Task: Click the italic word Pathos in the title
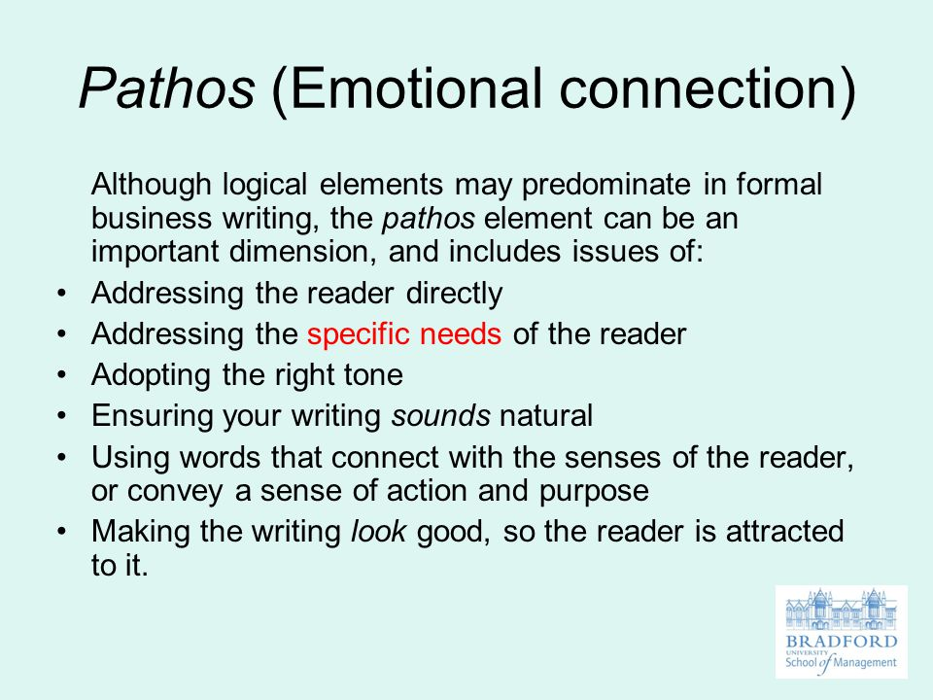(x=167, y=88)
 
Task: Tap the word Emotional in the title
(x=415, y=89)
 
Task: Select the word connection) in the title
(x=707, y=89)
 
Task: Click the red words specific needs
(x=404, y=334)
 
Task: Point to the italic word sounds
(x=441, y=415)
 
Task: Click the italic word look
(x=378, y=531)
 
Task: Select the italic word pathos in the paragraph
(x=429, y=219)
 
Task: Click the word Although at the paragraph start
(x=152, y=186)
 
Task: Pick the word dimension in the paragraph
(x=303, y=251)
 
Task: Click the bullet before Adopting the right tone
(x=62, y=375)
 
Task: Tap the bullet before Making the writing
(x=62, y=532)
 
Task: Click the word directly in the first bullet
(x=454, y=294)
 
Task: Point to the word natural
(x=546, y=415)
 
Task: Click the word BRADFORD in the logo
(x=842, y=642)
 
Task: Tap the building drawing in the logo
(x=841, y=610)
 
